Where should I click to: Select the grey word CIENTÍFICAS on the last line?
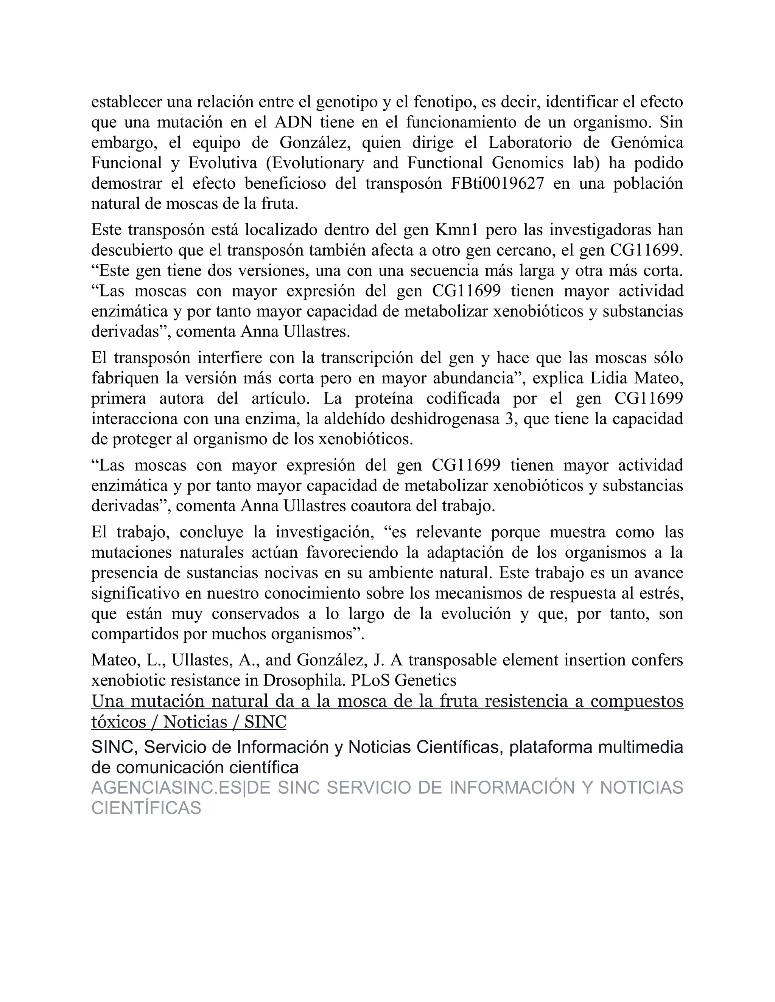146,808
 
